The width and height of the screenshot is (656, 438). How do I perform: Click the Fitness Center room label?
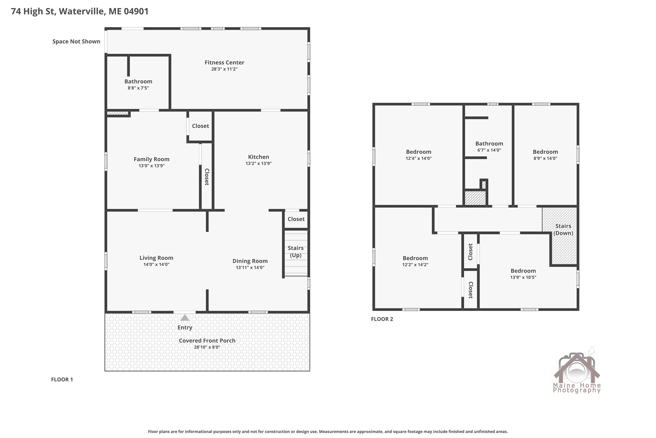pyautogui.click(x=224, y=63)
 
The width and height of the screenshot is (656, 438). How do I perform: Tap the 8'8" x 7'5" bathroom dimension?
pyautogui.click(x=138, y=88)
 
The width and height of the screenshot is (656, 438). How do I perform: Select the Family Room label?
pyautogui.click(x=152, y=159)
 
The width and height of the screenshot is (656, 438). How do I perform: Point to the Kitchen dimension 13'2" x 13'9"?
pyautogui.click(x=258, y=163)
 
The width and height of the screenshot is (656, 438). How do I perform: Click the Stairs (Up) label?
pyautogui.click(x=296, y=252)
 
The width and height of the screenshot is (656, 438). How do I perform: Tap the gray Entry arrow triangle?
pyautogui.click(x=185, y=318)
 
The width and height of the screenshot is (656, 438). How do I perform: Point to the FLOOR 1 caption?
pyautogui.click(x=62, y=379)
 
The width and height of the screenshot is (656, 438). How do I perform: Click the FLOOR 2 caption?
pyautogui.click(x=382, y=319)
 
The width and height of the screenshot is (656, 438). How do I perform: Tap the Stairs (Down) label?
pyautogui.click(x=563, y=230)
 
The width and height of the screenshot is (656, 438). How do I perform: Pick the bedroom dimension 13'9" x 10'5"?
pyautogui.click(x=523, y=277)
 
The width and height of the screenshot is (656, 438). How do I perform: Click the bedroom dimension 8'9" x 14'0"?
pyautogui.click(x=545, y=158)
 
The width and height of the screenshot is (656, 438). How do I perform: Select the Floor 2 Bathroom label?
pyautogui.click(x=489, y=144)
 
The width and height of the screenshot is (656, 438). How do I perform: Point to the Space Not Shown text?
pyautogui.click(x=76, y=41)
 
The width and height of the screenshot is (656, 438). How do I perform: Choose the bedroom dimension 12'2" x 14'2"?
pyautogui.click(x=415, y=265)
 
